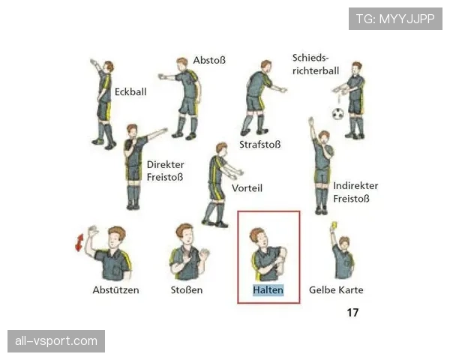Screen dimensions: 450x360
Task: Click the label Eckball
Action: [x=130, y=91]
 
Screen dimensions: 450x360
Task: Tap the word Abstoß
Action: [x=209, y=60]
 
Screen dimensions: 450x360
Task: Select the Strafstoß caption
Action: [x=260, y=145]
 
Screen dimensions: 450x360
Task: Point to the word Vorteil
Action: [x=247, y=188]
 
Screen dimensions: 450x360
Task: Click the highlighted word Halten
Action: [x=268, y=290]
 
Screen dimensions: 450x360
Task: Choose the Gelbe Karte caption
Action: [x=336, y=290]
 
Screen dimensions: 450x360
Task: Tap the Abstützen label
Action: [x=115, y=290]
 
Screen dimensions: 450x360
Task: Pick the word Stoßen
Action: [x=187, y=290]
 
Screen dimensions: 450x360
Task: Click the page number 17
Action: [x=352, y=312]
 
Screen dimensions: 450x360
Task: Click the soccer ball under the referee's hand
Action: [x=337, y=114]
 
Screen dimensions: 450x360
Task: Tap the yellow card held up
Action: [x=334, y=225]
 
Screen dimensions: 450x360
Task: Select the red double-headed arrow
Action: [x=79, y=242]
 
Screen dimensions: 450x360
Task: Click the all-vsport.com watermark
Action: [x=56, y=341]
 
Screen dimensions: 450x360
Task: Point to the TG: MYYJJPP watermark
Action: [x=395, y=19]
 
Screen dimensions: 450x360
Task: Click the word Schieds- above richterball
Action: [x=310, y=58]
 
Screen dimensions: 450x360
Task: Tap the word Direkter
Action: [x=166, y=164]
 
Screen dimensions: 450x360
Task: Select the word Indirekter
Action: [x=355, y=186]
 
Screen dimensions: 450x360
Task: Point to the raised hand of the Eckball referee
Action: [x=94, y=62]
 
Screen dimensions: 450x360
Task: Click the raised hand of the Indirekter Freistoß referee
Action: [x=310, y=121]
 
